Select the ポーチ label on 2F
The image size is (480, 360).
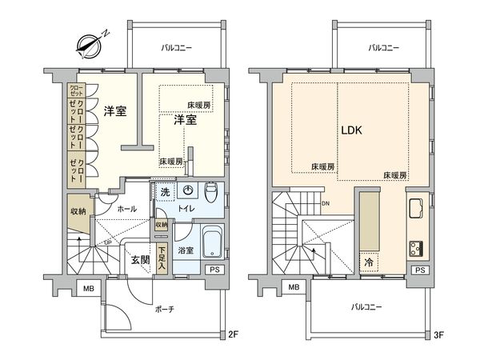164,309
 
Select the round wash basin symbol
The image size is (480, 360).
189,190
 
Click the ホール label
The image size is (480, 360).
126,209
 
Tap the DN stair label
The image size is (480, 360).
326,202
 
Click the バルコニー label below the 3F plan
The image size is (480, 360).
369,306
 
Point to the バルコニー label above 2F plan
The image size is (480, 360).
177,49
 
